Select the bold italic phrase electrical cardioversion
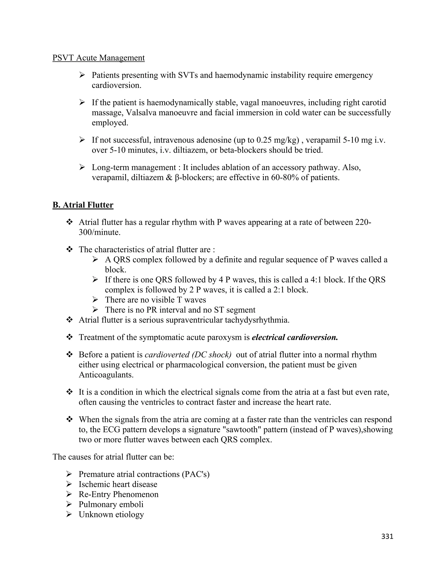(295, 337)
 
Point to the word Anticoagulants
(106, 375)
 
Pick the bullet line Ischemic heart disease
(118, 484)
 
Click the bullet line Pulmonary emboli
(111, 504)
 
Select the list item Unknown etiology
(111, 514)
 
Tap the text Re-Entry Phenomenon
(118, 494)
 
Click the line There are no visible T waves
(155, 300)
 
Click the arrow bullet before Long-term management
(82, 167)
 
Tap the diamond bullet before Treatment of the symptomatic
(69, 337)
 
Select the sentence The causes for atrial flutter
(113, 457)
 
